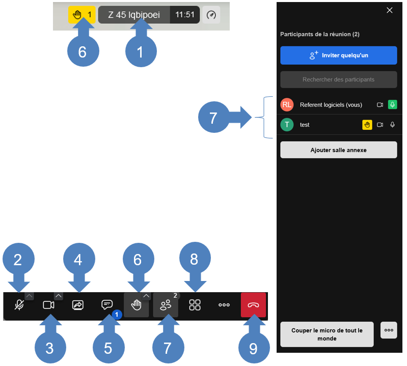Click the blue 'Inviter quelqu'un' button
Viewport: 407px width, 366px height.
point(338,55)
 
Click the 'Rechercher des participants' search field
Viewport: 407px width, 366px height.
point(338,79)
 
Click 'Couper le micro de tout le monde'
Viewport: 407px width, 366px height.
point(327,334)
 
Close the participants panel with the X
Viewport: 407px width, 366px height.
point(389,10)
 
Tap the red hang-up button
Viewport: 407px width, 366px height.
point(253,305)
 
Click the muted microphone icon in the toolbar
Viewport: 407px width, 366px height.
point(19,305)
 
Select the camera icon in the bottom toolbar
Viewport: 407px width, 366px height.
point(48,305)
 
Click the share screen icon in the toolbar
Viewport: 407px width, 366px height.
point(77,305)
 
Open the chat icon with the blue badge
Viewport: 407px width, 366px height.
point(107,304)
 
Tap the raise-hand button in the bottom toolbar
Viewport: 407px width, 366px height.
point(137,305)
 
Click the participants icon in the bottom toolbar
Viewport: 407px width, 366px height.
point(166,305)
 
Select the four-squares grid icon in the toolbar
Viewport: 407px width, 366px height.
point(195,305)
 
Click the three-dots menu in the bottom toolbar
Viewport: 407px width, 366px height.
point(224,305)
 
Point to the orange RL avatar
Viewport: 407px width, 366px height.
point(287,104)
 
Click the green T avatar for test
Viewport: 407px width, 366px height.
point(287,125)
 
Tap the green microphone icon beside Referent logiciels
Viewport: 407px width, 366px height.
point(392,104)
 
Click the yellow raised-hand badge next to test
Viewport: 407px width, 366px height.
point(367,125)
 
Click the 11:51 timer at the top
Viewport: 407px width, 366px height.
point(185,15)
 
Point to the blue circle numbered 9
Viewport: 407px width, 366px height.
point(254,348)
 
